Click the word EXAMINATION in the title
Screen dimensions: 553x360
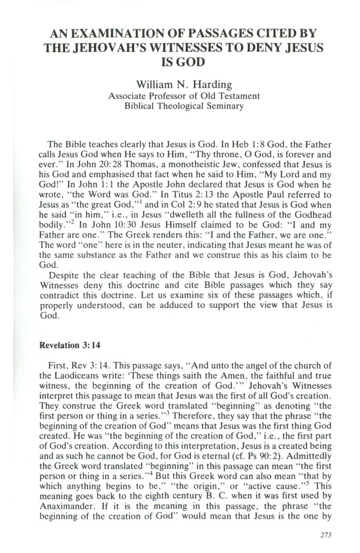(x=119, y=34)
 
